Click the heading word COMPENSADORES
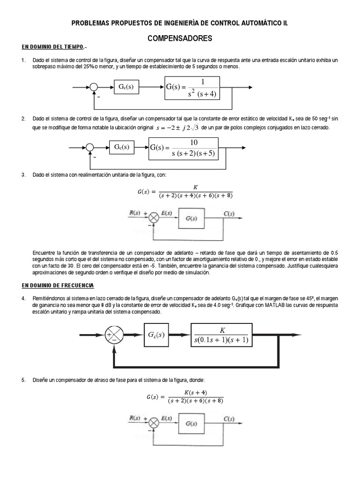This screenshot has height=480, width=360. (180, 38)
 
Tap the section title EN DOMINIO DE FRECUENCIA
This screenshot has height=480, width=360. (58, 285)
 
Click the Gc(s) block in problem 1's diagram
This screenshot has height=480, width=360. (126, 87)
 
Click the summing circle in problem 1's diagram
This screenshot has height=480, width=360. (94, 87)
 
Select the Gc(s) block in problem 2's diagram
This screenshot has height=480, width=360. (121, 147)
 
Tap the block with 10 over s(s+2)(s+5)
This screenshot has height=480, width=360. (183, 148)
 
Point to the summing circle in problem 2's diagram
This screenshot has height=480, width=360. (90, 147)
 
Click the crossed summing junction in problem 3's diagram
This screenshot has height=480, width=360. (153, 217)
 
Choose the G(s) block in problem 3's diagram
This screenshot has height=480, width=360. (191, 218)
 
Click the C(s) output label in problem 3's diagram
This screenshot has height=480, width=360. (229, 214)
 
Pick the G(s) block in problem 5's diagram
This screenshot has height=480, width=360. (191, 424)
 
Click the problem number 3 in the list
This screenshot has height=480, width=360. (23, 175)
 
